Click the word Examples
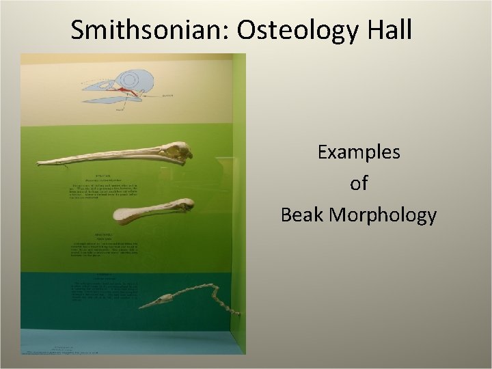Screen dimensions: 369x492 coord(359,152)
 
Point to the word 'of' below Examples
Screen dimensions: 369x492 coord(359,184)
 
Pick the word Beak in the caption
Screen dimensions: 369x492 coord(303,215)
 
